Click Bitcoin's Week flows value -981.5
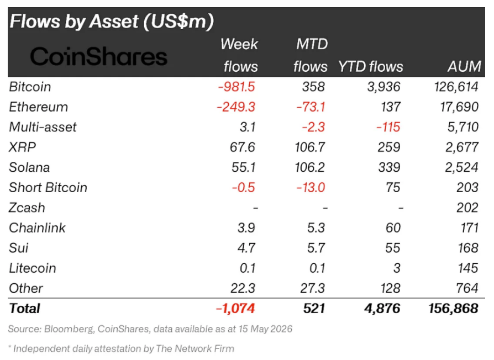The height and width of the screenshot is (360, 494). [x=237, y=87]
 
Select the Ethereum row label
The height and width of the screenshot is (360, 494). [x=39, y=107]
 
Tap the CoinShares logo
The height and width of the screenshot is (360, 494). [x=98, y=57]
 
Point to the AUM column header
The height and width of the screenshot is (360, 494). [x=464, y=66]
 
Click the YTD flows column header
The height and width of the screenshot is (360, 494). [x=370, y=66]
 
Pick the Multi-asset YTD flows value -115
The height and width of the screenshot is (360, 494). [x=388, y=127]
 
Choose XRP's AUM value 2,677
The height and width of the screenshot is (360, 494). [x=462, y=147]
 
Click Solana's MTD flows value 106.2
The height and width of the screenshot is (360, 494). [x=309, y=167]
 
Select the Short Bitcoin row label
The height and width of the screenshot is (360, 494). [x=48, y=188]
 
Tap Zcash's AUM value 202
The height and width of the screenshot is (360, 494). [x=467, y=208]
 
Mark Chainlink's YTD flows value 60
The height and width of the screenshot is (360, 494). [x=393, y=228]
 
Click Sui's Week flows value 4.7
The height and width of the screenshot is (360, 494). [x=246, y=248]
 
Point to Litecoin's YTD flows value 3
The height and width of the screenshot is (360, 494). [x=397, y=268]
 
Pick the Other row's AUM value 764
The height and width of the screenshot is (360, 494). [x=467, y=288]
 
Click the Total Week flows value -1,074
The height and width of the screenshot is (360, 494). [x=235, y=309]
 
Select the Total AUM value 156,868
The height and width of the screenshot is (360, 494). [x=453, y=309]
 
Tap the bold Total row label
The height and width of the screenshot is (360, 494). [x=24, y=309]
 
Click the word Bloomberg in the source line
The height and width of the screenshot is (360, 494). [x=69, y=329]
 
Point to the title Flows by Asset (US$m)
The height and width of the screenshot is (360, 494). [x=112, y=22]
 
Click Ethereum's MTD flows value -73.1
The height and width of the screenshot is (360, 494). [x=311, y=107]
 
